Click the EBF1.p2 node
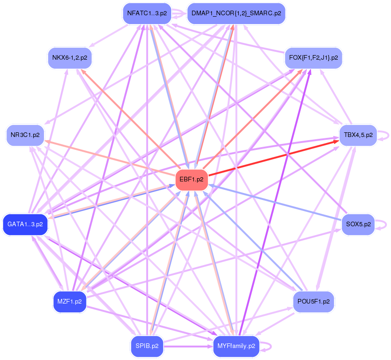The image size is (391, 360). point(191,180)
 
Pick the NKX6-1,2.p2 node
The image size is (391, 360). point(70,58)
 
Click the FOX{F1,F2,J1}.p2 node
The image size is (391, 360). point(313,58)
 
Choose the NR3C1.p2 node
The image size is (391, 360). point(25,135)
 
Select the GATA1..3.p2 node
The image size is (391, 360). point(25,224)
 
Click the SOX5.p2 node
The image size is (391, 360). point(358,224)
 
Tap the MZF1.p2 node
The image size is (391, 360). point(69,301)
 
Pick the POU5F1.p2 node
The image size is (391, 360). point(313,301)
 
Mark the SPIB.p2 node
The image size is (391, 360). point(147,346)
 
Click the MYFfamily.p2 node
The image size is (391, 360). point(236,346)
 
